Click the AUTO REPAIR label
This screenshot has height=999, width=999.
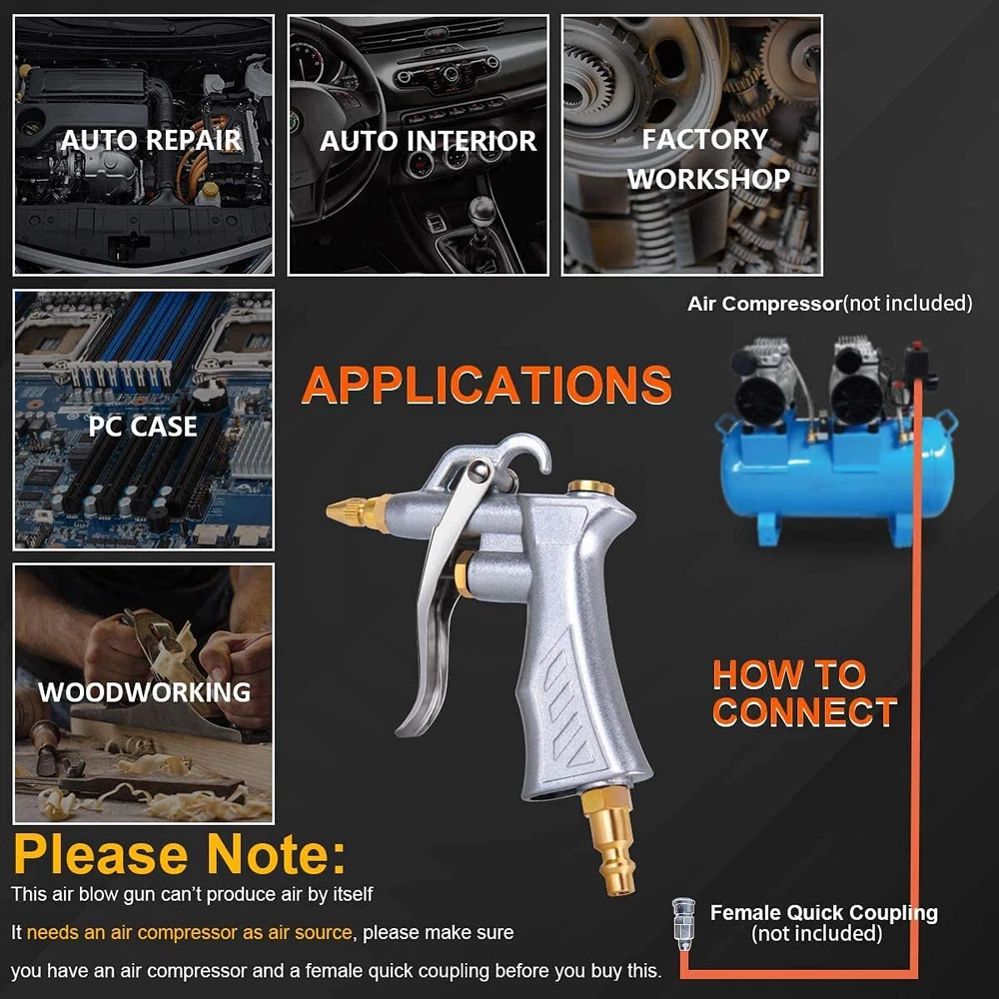(151, 140)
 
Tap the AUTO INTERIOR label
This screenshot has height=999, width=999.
(428, 141)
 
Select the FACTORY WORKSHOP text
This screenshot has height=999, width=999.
(708, 159)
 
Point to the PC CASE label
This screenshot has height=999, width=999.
(143, 427)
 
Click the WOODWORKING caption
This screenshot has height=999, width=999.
(145, 692)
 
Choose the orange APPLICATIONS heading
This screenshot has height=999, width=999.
(487, 385)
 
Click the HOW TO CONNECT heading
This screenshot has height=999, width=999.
(804, 693)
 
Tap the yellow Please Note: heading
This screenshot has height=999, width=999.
(180, 854)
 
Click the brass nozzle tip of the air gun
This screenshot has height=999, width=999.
(358, 510)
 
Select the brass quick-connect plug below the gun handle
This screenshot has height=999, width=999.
(610, 840)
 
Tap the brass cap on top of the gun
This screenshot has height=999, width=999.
(590, 489)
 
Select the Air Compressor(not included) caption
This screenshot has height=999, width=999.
(829, 304)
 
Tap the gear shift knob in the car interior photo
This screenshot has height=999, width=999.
(483, 209)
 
